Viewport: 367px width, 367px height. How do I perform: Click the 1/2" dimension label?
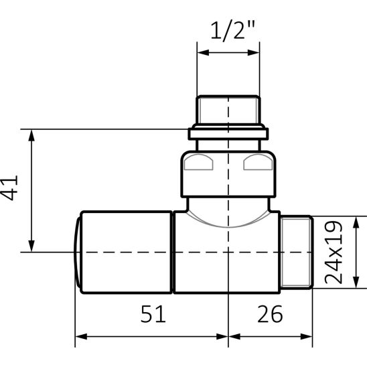tap(232, 31)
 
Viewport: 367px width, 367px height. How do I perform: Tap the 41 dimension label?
tap(9, 188)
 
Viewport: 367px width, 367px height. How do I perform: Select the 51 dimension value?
tap(153, 314)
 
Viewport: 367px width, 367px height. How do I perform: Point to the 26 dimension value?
tap(270, 314)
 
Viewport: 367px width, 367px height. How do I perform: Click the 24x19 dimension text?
tap(334, 252)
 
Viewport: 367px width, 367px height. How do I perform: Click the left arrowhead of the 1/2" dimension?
tap(203, 53)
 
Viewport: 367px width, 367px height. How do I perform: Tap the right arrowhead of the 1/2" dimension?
tap(253, 53)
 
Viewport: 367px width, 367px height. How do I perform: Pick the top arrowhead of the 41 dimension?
tap(31, 135)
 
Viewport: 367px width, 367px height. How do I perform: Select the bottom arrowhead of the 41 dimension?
tap(31, 246)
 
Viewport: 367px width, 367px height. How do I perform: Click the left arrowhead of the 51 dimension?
tap(81, 337)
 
